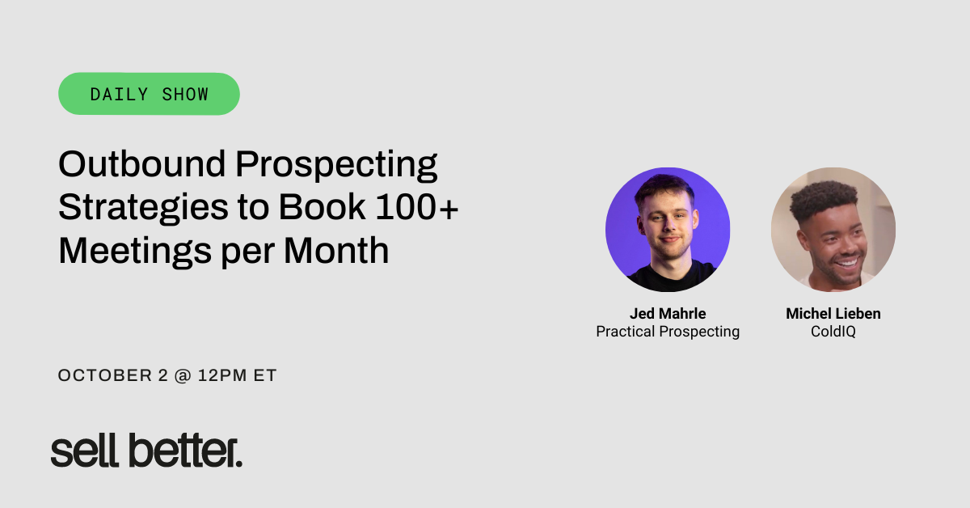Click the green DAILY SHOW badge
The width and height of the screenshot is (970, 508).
click(x=149, y=94)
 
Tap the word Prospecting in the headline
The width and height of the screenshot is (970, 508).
click(x=336, y=166)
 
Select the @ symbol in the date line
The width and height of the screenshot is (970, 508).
click(x=183, y=376)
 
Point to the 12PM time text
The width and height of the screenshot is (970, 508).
click(x=226, y=376)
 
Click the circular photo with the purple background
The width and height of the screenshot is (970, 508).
click(x=668, y=230)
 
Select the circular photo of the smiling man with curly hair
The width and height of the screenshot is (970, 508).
click(x=833, y=230)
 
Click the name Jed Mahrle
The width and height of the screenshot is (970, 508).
click(x=668, y=314)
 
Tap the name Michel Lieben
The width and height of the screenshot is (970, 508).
click(x=833, y=314)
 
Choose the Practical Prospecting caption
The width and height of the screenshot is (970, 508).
click(x=668, y=332)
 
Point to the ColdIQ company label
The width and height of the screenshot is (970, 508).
click(x=833, y=332)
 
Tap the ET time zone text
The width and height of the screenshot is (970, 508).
click(x=266, y=376)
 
